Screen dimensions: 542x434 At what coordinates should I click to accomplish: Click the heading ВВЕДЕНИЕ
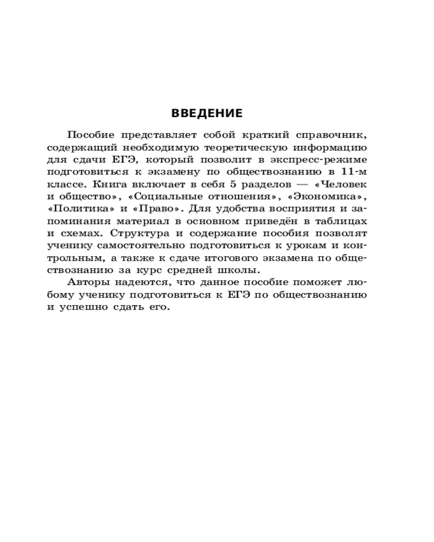[207, 114]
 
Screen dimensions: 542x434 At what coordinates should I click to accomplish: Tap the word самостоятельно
[138, 246]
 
